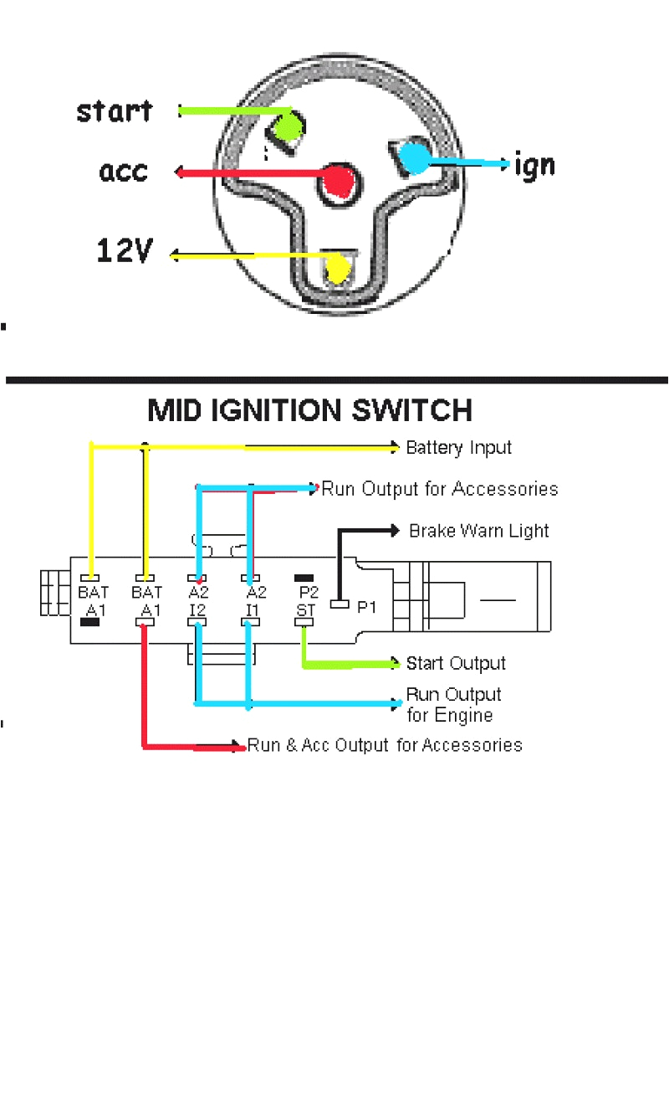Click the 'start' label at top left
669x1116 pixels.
pyautogui.click(x=115, y=111)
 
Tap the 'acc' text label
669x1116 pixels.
pyautogui.click(x=124, y=172)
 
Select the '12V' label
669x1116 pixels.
pyautogui.click(x=125, y=250)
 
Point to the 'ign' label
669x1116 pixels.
pyautogui.click(x=534, y=165)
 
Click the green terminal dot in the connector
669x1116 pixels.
pyautogui.click(x=286, y=129)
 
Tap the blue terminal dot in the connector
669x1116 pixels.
pyautogui.click(x=412, y=157)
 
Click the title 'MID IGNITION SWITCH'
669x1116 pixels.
pyautogui.click(x=310, y=410)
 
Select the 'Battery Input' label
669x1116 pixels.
pyautogui.click(x=458, y=448)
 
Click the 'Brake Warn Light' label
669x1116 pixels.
pyautogui.click(x=479, y=531)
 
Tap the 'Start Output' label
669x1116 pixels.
pyautogui.click(x=456, y=664)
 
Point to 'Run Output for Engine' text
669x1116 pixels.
pyautogui.click(x=453, y=705)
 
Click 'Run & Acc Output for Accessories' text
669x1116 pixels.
pyautogui.click(x=385, y=745)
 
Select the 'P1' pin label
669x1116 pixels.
pyautogui.click(x=367, y=607)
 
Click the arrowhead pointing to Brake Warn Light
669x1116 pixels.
pyautogui.click(x=395, y=530)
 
